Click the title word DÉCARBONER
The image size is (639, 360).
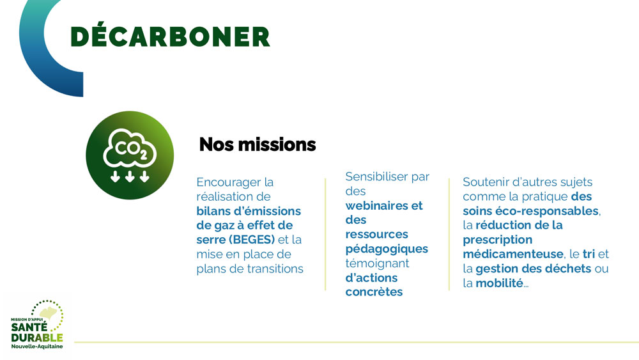click(x=171, y=36)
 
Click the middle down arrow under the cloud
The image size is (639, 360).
click(x=130, y=176)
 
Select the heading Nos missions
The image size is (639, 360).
click(x=258, y=145)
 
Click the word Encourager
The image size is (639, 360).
click(x=229, y=182)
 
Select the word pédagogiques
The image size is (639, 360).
click(x=387, y=249)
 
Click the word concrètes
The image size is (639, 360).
click(x=374, y=292)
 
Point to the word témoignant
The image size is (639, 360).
click(x=378, y=263)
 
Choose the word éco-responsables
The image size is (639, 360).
click(x=547, y=211)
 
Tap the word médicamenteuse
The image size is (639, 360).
click(x=513, y=254)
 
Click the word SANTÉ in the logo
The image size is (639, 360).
click(x=29, y=327)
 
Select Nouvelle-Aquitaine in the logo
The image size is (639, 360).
click(x=37, y=347)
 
